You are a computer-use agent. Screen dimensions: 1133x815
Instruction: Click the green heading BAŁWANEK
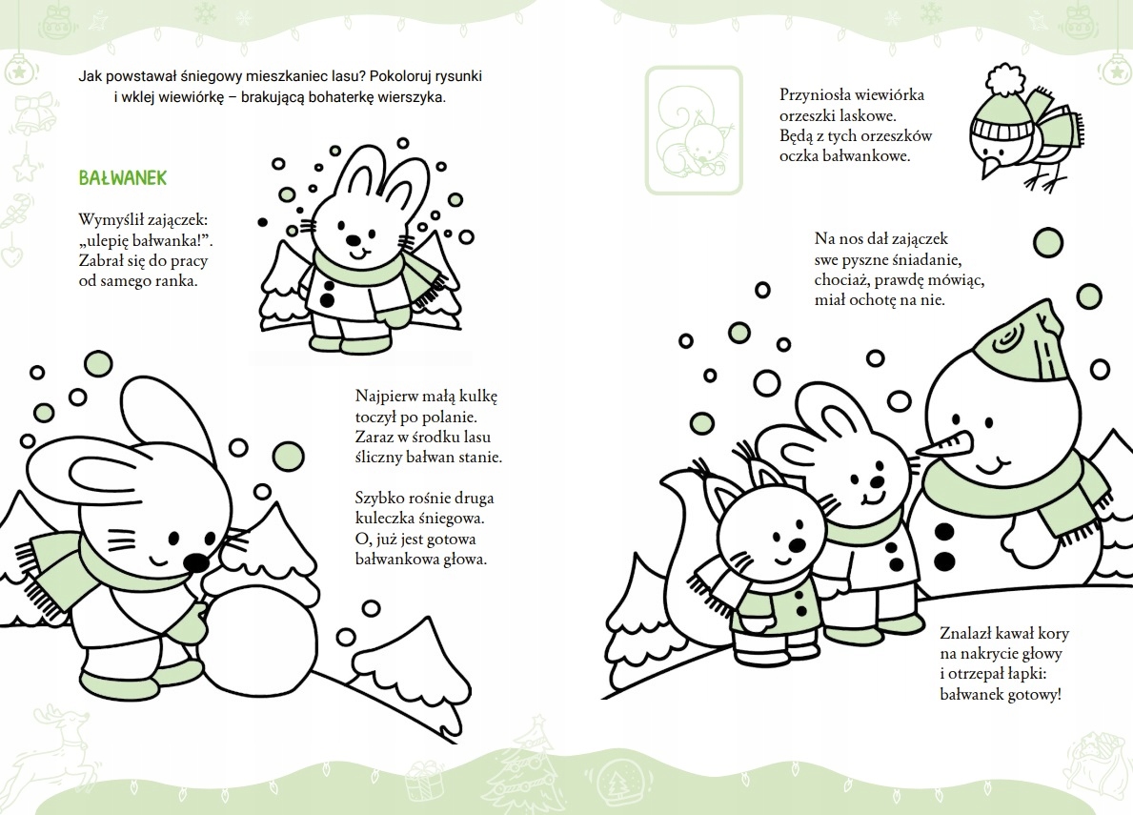click(122, 177)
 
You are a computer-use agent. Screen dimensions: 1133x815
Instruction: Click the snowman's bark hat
click(1021, 343)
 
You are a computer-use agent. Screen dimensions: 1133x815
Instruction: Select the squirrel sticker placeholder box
click(694, 130)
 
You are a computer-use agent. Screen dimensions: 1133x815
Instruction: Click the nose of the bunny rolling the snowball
click(195, 561)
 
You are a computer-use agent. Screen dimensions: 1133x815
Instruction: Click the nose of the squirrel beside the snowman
click(796, 544)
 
